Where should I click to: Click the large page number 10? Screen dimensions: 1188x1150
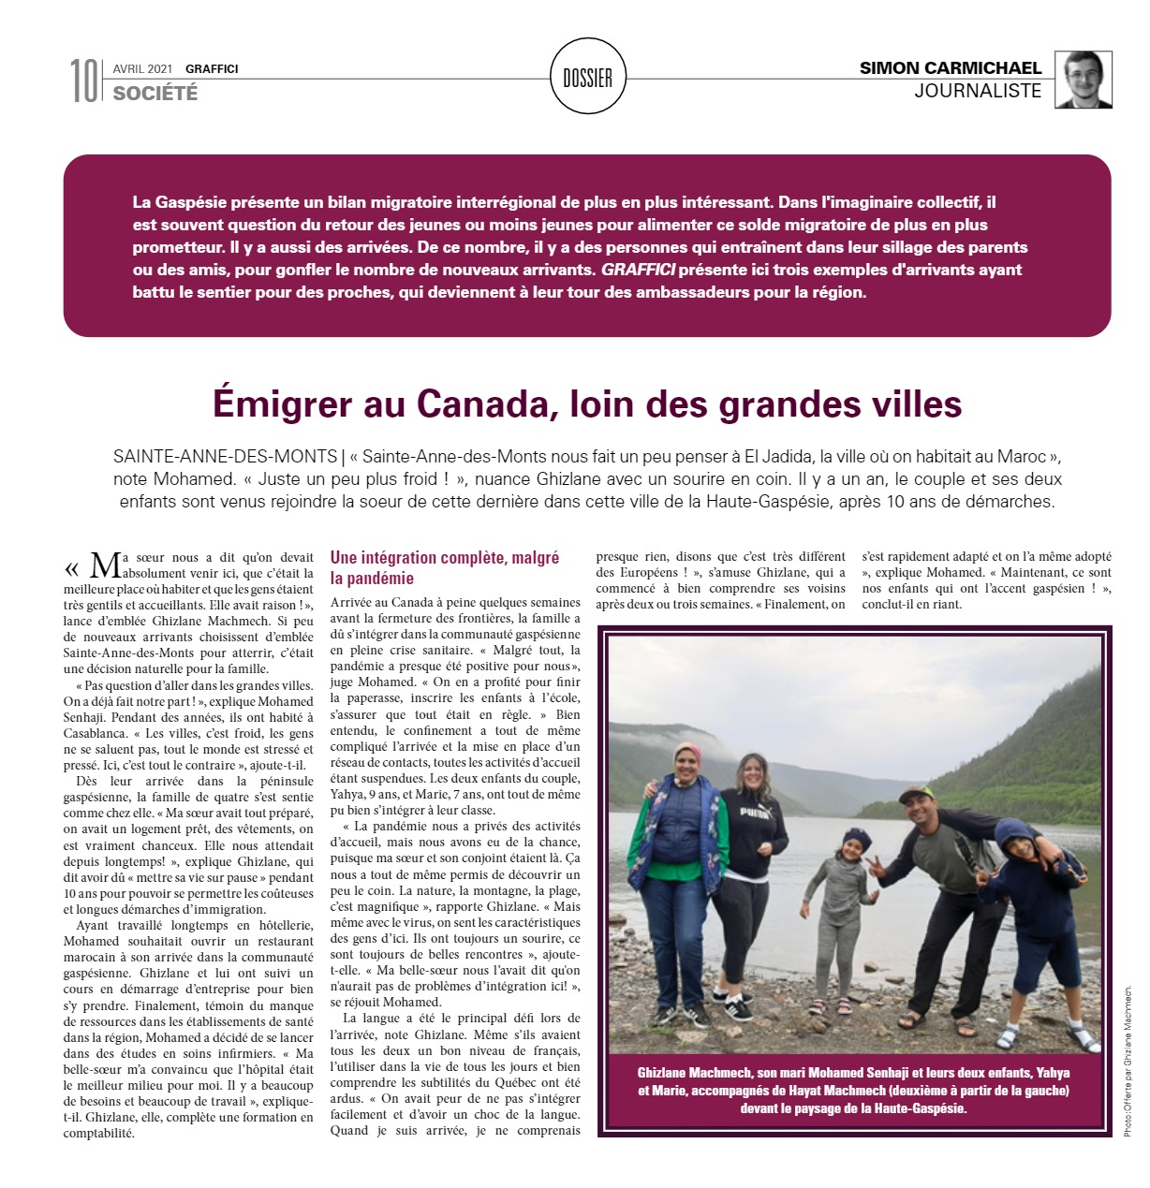click(83, 81)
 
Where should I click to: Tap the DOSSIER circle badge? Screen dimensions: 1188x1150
click(587, 78)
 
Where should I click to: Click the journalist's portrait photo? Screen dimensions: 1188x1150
click(1084, 80)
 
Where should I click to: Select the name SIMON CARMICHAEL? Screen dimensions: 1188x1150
click(950, 67)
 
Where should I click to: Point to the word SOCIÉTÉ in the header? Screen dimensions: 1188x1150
click(155, 93)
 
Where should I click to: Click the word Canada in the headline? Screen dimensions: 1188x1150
click(477, 404)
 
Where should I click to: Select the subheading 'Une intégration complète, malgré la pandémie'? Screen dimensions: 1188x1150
click(445, 568)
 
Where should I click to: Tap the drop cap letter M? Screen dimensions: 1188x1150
click(105, 565)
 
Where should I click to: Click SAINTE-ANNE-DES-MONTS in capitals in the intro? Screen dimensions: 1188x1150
click(225, 457)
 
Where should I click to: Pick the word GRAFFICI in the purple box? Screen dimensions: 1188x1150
click(638, 270)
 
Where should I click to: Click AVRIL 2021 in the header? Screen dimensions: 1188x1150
click(142, 68)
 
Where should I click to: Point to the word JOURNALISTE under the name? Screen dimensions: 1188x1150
click(978, 91)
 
